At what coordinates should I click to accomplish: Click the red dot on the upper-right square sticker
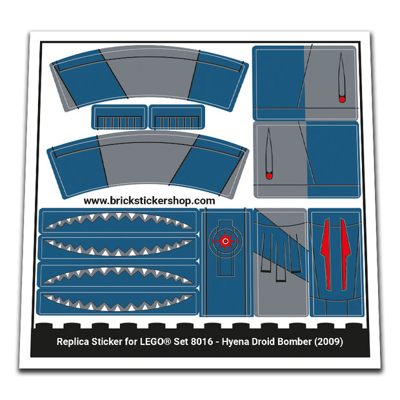[x=342, y=99]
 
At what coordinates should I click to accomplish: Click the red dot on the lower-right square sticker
[x=269, y=176]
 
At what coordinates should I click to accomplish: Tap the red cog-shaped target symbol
[x=226, y=241]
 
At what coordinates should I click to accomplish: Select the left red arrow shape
[x=325, y=254]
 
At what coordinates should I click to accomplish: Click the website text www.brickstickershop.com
[x=149, y=201]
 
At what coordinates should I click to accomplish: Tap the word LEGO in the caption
[x=152, y=341]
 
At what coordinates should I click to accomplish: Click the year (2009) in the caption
[x=328, y=341]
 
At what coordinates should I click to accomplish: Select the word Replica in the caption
[x=73, y=341]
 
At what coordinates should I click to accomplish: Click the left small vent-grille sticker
[x=119, y=116]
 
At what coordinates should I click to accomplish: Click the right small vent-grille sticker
[x=177, y=116]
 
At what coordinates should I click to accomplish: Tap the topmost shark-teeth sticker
[x=118, y=221]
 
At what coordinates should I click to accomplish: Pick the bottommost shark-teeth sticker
[x=118, y=303]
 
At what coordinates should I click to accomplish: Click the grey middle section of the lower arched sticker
[x=146, y=159]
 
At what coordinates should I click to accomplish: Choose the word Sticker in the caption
[x=106, y=341]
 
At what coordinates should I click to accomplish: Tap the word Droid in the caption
[x=263, y=341]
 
